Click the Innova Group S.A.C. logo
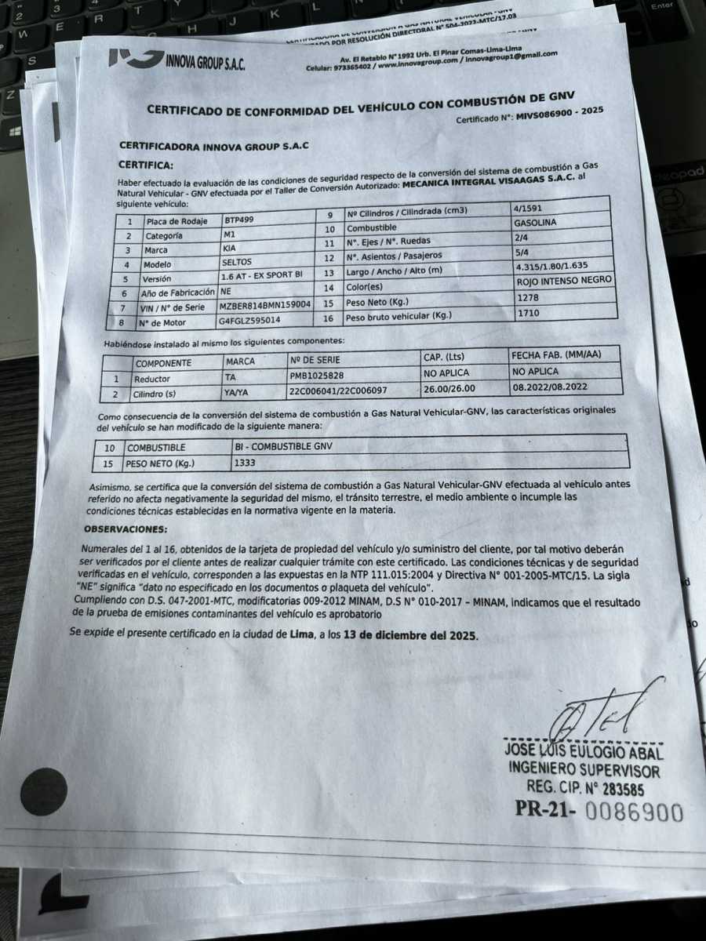pos(176,59)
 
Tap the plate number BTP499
pos(240,220)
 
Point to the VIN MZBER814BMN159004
pos(265,305)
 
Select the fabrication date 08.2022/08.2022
pos(551,387)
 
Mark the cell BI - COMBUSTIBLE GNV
pos(285,446)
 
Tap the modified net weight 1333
pos(246,462)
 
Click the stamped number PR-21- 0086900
pos(599,811)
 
